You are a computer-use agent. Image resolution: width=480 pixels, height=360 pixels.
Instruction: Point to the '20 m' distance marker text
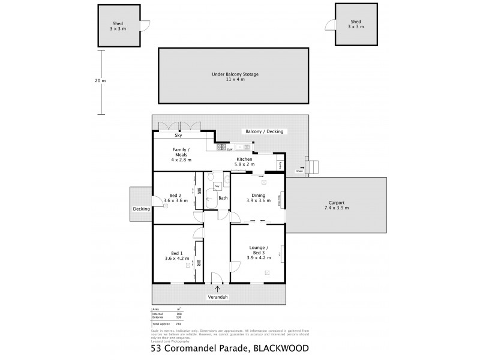(x=100, y=81)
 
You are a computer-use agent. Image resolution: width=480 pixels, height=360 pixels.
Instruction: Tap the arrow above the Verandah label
(x=217, y=289)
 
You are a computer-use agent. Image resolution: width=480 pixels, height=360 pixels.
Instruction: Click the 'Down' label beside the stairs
(x=299, y=171)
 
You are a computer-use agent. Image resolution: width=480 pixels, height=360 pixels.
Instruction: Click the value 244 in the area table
(x=178, y=323)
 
